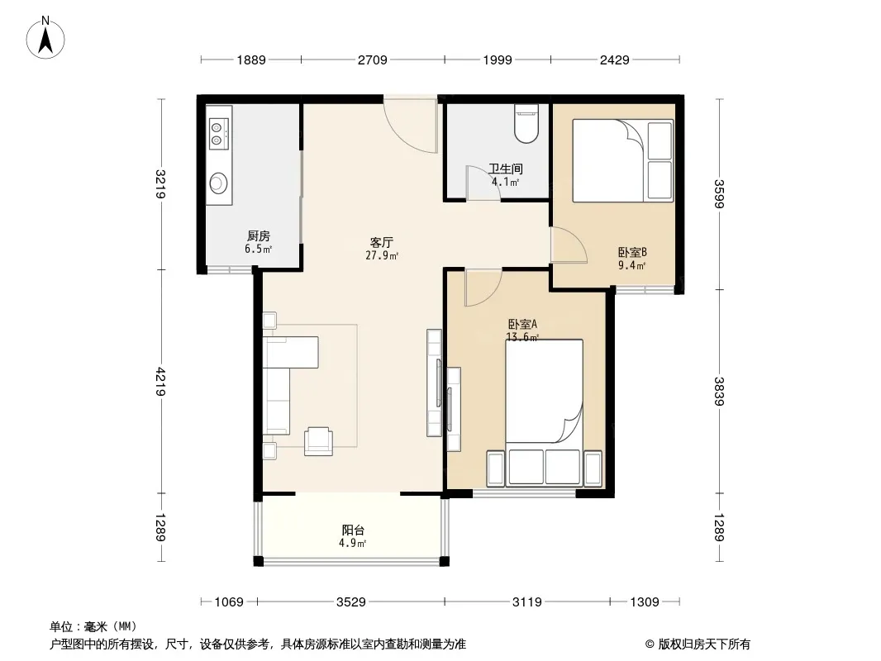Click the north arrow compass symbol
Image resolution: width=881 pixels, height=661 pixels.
click(45, 38)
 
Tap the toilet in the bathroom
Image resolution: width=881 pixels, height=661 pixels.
click(526, 123)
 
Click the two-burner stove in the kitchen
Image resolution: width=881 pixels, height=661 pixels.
click(219, 134)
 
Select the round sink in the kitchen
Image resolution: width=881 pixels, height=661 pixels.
click(218, 183)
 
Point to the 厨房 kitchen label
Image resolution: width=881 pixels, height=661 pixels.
click(259, 235)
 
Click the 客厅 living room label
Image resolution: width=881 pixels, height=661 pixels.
click(382, 243)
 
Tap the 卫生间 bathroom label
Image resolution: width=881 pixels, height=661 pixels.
click(506, 169)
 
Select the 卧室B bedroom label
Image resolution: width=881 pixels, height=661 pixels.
click(632, 253)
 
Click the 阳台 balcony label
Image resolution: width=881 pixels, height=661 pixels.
click(353, 530)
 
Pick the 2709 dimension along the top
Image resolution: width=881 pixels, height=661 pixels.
click(373, 59)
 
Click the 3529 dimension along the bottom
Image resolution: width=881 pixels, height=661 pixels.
click(351, 602)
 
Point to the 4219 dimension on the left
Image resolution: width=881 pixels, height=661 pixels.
click(161, 382)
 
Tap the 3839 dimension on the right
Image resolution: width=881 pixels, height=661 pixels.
click(719, 391)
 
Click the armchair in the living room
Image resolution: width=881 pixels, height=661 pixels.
click(318, 441)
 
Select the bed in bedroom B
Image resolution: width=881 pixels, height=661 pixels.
click(622, 160)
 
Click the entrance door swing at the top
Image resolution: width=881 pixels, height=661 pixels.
click(411, 124)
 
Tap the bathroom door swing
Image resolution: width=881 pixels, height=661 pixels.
click(483, 183)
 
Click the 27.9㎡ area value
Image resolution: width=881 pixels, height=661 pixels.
click(382, 256)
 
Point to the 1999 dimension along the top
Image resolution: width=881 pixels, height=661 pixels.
click(498, 59)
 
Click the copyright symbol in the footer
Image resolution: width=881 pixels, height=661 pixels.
click(650, 644)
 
